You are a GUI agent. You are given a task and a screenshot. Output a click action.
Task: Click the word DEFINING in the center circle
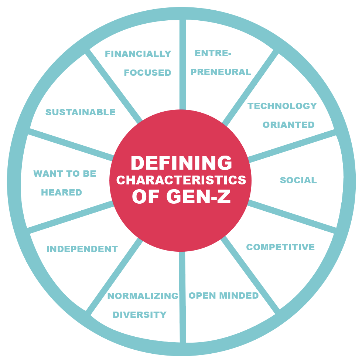pos(181,163)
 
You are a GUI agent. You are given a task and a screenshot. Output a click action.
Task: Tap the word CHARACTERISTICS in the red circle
pos(181,180)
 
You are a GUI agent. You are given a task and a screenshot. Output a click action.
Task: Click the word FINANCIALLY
pos(138,54)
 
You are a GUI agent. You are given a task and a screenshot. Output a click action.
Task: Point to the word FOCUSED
pos(147,73)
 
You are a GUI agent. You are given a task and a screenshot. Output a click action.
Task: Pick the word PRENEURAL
pos(221,72)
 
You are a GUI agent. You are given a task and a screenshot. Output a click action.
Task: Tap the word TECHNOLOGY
pos(282,106)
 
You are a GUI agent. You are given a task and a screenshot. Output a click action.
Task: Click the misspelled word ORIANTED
pos(288,125)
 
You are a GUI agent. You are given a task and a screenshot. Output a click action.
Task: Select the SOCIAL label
pos(298,180)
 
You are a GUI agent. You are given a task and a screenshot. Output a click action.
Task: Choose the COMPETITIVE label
pos(280,247)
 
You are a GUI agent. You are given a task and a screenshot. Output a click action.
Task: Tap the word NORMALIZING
pos(143,296)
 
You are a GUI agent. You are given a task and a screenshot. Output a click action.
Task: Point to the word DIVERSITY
pos(140,315)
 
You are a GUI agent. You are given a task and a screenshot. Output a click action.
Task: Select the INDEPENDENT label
pos(82,249)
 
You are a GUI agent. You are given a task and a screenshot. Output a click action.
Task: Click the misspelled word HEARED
pos(61,193)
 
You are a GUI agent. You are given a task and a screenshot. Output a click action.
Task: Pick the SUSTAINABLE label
pos(81,112)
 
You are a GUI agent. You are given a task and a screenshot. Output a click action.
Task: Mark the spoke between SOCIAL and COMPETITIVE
pos(292,216)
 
